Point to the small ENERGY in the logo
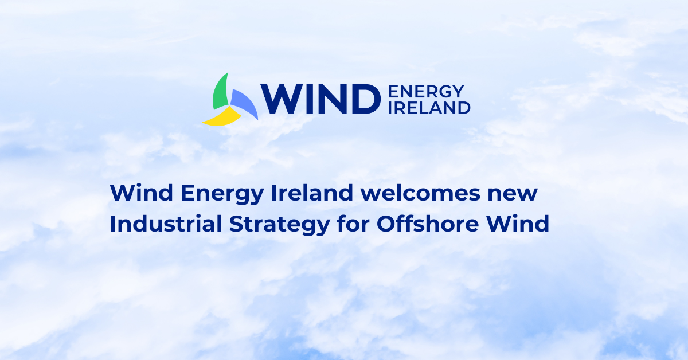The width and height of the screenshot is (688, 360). (425, 92)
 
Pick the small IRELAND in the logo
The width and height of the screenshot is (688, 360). (429, 107)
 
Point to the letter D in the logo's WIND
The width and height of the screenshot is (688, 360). (364, 99)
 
